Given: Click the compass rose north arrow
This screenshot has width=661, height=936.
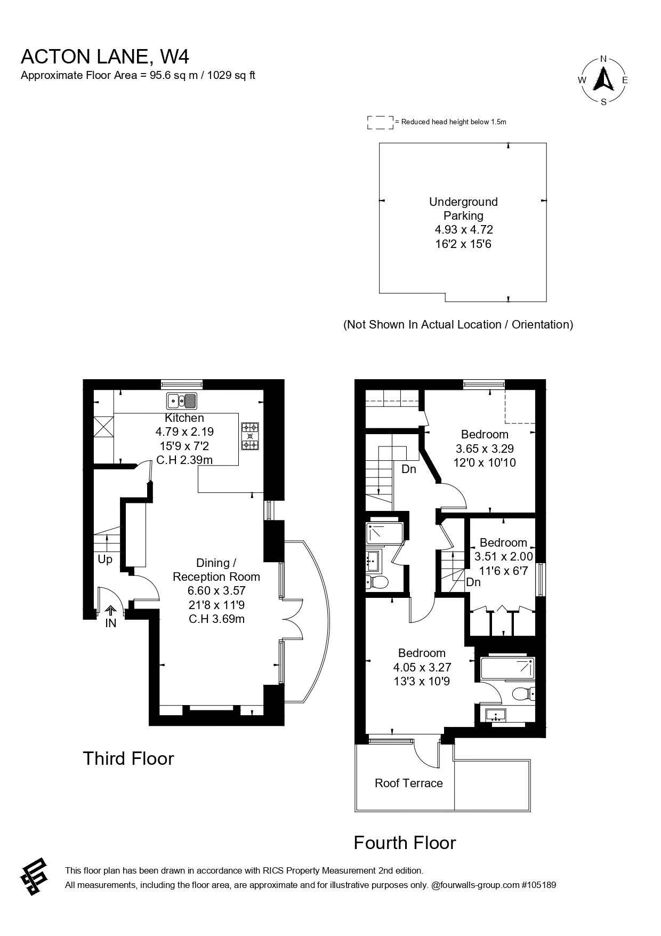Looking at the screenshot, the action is tap(603, 78).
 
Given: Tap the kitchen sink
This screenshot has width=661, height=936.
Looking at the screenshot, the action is tap(182, 401).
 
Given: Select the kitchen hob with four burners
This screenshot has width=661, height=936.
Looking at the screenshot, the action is tap(251, 436).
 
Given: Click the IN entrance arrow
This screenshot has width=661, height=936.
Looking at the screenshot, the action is tap(111, 611).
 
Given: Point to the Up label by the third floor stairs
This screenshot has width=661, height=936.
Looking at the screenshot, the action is tap(105, 559).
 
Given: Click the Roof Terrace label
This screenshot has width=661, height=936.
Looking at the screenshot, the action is tap(409, 783).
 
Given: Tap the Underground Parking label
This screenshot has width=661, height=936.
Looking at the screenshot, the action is tap(464, 209).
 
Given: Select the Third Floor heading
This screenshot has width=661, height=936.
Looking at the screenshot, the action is tap(128, 758).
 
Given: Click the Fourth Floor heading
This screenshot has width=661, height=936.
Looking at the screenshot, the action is tap(405, 843).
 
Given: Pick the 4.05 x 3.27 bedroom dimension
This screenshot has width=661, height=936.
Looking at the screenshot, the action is tap(422, 667).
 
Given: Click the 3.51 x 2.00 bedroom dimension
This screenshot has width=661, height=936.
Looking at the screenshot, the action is tap(504, 556).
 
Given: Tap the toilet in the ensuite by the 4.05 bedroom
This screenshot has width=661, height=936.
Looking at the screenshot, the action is tap(523, 694).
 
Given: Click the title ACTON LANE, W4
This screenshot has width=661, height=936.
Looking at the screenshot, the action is tap(105, 56).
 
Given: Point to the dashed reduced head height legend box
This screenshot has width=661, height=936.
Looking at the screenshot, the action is tap(380, 122).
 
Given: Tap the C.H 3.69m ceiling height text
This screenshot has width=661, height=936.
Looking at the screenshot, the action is tap(216, 619).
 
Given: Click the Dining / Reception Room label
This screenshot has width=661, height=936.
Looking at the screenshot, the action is tap(216, 570).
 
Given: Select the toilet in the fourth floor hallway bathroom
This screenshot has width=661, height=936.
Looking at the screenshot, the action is tap(377, 582).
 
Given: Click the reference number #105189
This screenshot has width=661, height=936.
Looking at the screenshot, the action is tap(539, 885).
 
